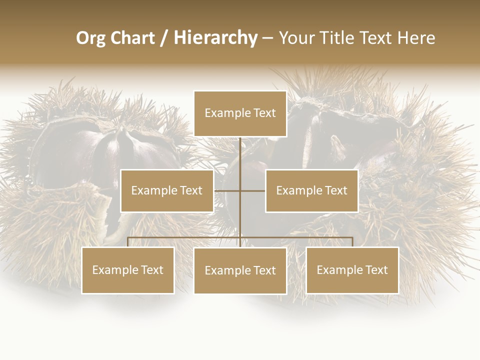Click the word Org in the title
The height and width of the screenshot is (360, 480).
click(90, 38)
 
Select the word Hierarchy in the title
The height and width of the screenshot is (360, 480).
click(215, 38)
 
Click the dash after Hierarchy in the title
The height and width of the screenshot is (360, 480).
click(267, 38)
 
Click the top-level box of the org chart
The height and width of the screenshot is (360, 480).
click(240, 113)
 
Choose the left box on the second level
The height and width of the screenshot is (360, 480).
click(167, 190)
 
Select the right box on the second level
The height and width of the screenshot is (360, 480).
click(311, 190)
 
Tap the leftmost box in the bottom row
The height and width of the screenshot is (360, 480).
click(128, 270)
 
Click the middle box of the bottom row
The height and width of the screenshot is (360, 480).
click(240, 270)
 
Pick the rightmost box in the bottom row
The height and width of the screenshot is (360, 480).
click(352, 270)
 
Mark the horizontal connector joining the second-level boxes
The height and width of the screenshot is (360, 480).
click(227, 190)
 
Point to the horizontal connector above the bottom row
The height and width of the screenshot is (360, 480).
click(185, 237)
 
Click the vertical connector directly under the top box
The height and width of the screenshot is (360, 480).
click(240, 155)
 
